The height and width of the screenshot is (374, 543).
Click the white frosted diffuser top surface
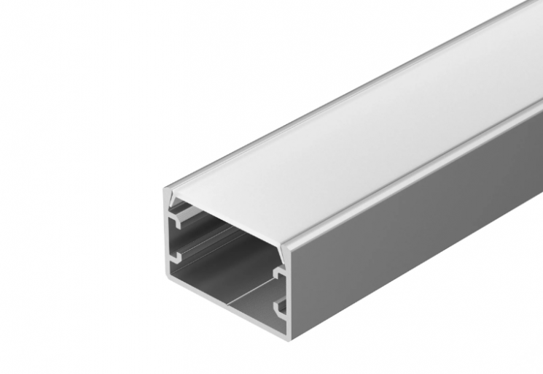350,146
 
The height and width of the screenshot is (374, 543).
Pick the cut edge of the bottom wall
226,308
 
